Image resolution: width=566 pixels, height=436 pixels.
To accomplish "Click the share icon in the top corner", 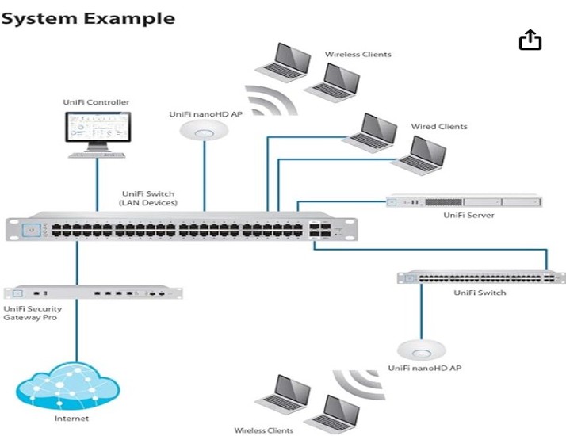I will pos(530,40).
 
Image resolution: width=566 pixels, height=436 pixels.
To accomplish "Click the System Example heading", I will pos(87,17).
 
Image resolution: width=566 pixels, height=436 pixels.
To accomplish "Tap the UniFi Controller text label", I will pos(96,102).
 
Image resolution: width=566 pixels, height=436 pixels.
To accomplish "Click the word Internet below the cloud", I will pos(71,419).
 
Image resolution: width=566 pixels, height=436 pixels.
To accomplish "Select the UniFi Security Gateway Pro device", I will pos(93,293).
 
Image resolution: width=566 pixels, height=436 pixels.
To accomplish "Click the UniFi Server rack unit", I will pos(463,202).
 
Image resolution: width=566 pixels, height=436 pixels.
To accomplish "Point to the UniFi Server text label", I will pos(469,216).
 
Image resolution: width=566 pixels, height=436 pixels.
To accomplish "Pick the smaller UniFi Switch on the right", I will pos(481,277).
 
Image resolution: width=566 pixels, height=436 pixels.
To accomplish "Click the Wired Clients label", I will pos(438,127).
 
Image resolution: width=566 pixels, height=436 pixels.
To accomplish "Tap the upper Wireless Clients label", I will pos(358,55).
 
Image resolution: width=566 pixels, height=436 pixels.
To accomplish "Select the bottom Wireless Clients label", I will pos(263,430).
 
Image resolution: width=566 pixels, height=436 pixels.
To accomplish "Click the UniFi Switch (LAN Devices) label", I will pos(147,198).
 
